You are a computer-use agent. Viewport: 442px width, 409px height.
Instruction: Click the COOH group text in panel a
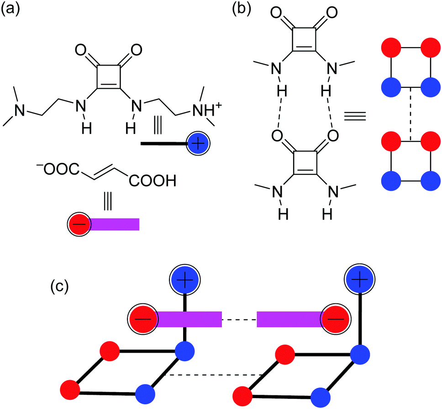click(x=153, y=183)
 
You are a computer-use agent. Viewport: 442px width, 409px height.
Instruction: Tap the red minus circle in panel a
click(x=79, y=224)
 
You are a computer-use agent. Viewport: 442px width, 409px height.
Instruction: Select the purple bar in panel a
click(x=115, y=224)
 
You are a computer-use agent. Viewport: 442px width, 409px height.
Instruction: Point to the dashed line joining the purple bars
click(x=239, y=319)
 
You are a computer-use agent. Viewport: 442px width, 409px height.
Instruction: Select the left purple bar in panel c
click(x=189, y=319)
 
